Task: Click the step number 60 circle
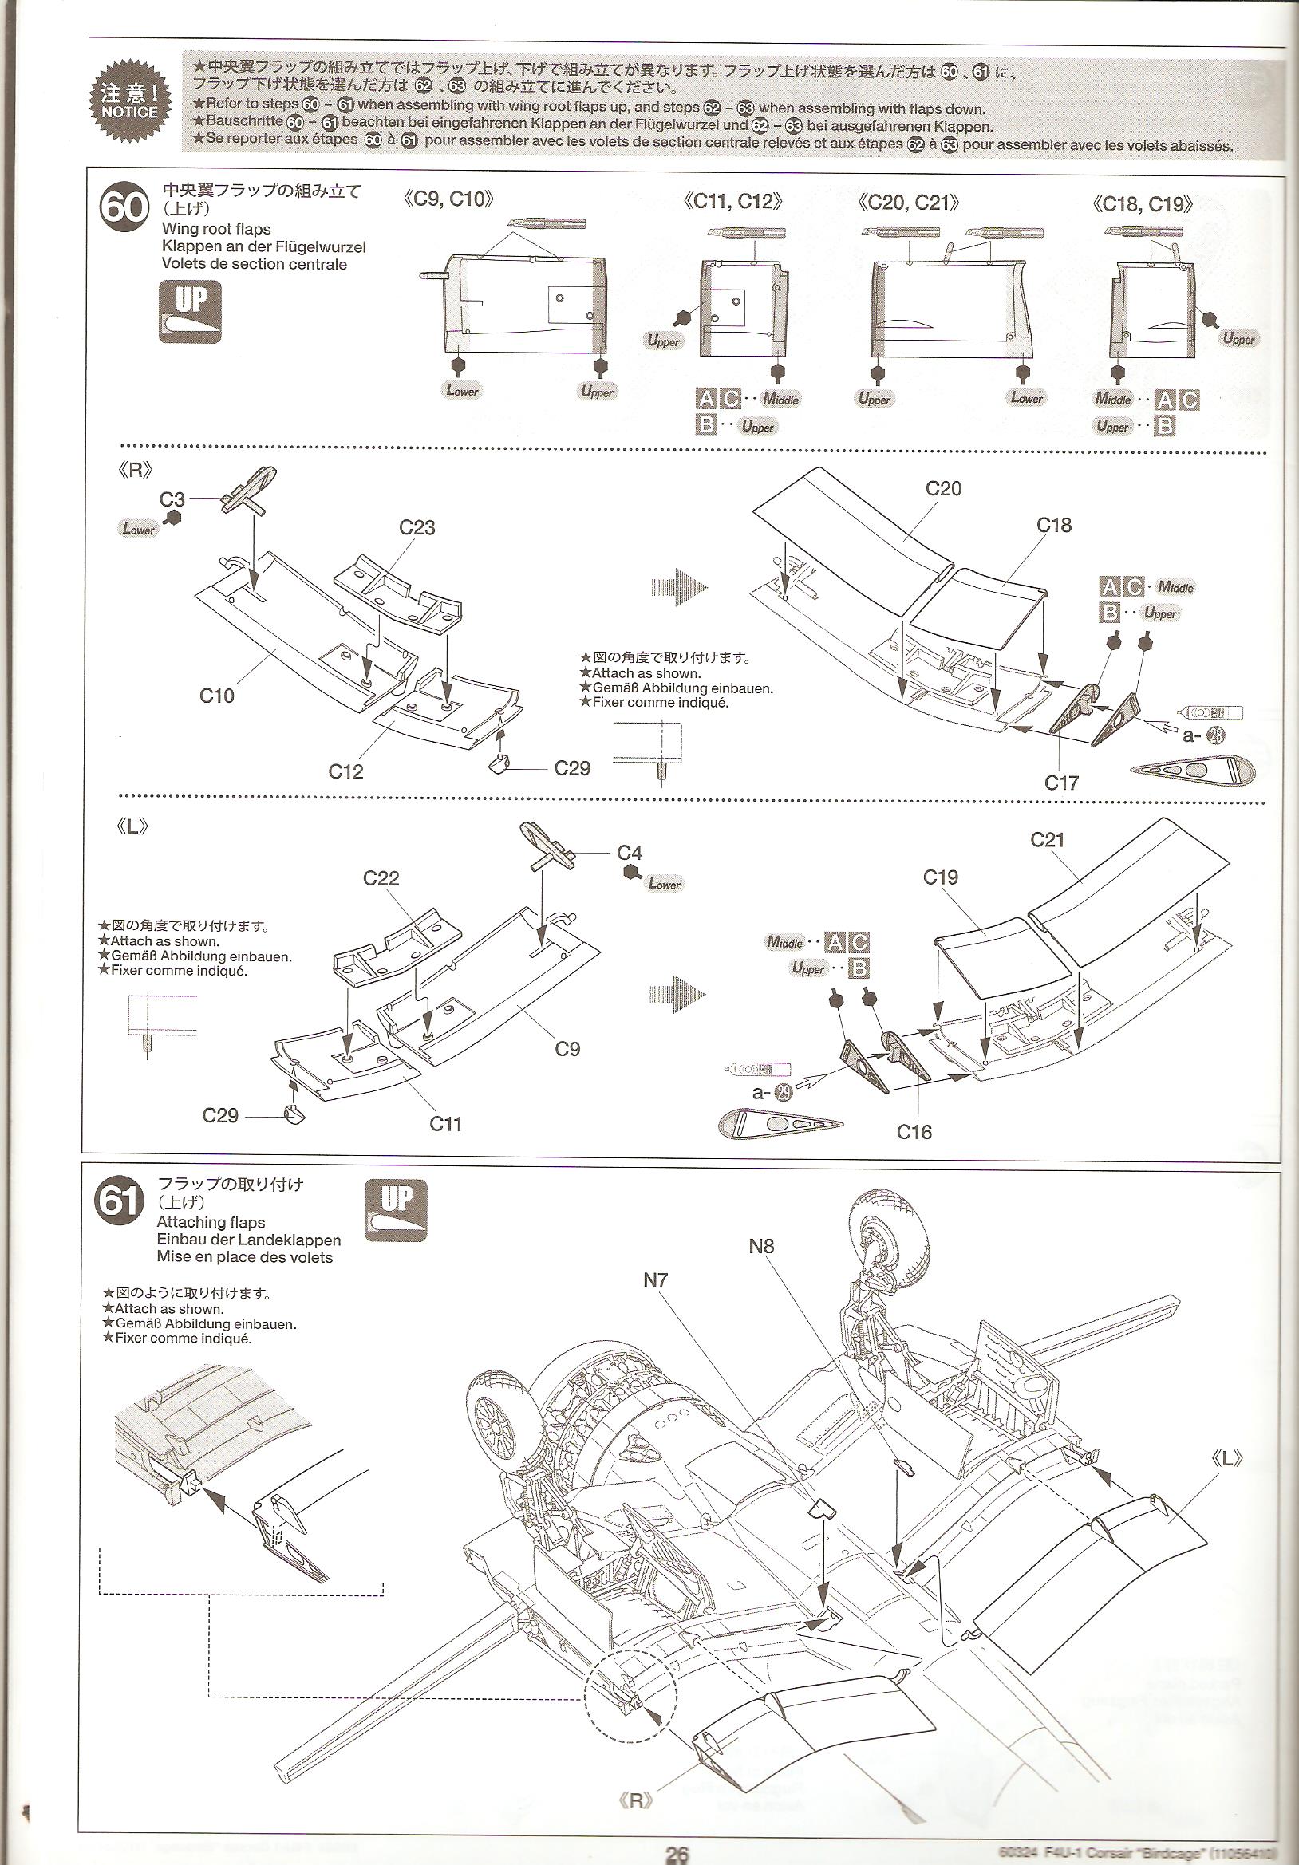coord(124,209)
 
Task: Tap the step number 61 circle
coord(119,1201)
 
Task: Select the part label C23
coord(417,528)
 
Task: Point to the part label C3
coord(172,499)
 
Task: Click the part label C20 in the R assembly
coord(943,488)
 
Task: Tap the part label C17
coord(1061,783)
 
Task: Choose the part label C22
coord(381,878)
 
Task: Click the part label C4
coord(630,852)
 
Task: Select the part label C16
coord(914,1131)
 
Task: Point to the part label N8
coord(761,1245)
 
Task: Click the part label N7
coord(655,1280)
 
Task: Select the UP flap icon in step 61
coord(396,1210)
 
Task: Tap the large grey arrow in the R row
coord(678,587)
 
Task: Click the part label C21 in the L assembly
coord(1047,839)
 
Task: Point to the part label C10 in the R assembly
coord(217,696)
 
